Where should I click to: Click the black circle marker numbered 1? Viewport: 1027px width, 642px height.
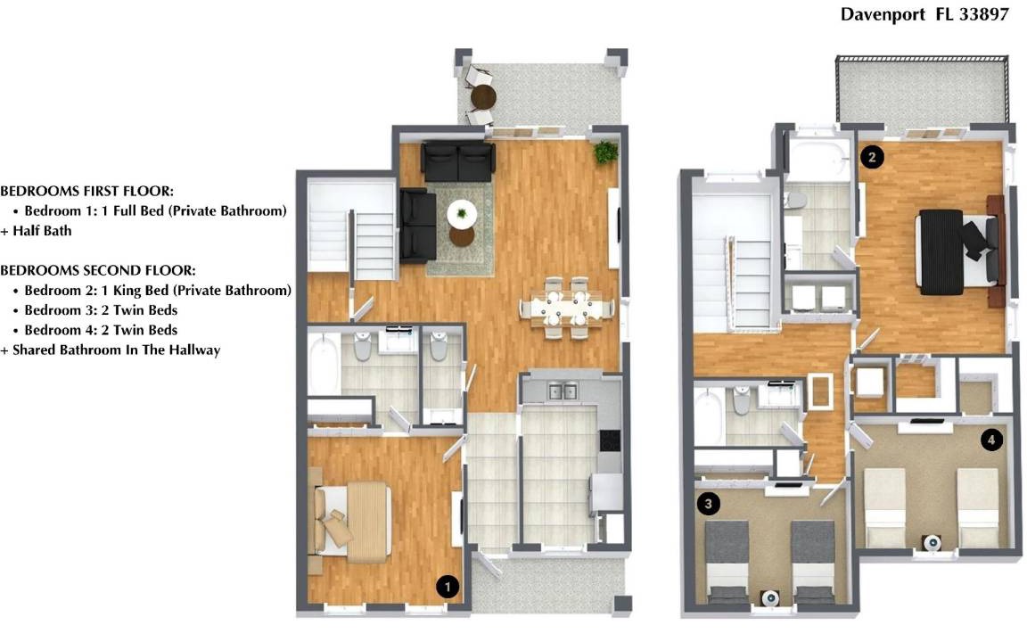pyautogui.click(x=448, y=587)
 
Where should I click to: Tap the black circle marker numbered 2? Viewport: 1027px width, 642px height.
pyautogui.click(x=872, y=157)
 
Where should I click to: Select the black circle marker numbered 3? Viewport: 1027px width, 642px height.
pyautogui.click(x=708, y=503)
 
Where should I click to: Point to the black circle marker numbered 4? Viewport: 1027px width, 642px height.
pyautogui.click(x=991, y=440)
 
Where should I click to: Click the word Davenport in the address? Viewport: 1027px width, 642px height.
pyautogui.click(x=883, y=14)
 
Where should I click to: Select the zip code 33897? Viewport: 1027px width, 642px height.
pyautogui.click(x=984, y=14)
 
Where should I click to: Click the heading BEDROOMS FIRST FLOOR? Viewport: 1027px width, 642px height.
pyautogui.click(x=87, y=192)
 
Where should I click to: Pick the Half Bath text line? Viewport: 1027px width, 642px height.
pyautogui.click(x=36, y=231)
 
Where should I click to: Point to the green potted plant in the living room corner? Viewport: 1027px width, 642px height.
pyautogui.click(x=606, y=152)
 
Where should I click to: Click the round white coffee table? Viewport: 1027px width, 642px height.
pyautogui.click(x=462, y=214)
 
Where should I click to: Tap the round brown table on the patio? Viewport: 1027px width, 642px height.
pyautogui.click(x=483, y=97)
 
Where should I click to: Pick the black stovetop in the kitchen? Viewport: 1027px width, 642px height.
pyautogui.click(x=610, y=440)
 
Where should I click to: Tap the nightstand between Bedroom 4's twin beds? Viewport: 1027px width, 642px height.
pyautogui.click(x=932, y=542)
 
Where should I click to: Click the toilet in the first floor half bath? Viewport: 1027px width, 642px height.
pyautogui.click(x=439, y=345)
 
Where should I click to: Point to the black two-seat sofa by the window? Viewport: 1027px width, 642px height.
pyautogui.click(x=458, y=161)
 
